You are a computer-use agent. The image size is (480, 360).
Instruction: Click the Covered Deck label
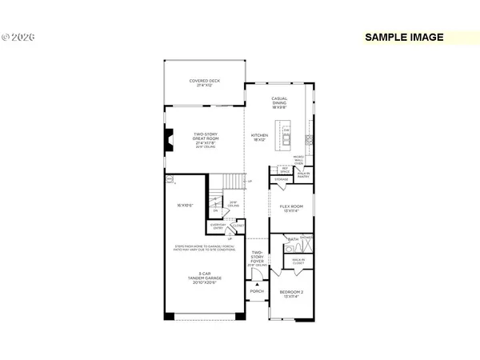(205, 82)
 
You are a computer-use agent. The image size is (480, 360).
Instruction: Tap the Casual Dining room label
(279, 102)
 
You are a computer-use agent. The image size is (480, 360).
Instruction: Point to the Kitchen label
(260, 138)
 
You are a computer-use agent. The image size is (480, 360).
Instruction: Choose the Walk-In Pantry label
(304, 175)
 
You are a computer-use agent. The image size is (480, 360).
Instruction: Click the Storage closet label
(282, 180)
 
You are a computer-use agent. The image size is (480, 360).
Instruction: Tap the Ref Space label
(285, 170)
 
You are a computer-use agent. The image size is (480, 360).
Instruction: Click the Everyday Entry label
(218, 226)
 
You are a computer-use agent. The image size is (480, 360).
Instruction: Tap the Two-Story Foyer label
(258, 258)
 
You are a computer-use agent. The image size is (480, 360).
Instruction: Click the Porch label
(257, 291)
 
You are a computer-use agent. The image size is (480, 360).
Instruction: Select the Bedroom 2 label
(291, 294)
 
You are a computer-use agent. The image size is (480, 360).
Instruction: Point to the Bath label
(294, 239)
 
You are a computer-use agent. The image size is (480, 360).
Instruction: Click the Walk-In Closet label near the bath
(298, 261)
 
